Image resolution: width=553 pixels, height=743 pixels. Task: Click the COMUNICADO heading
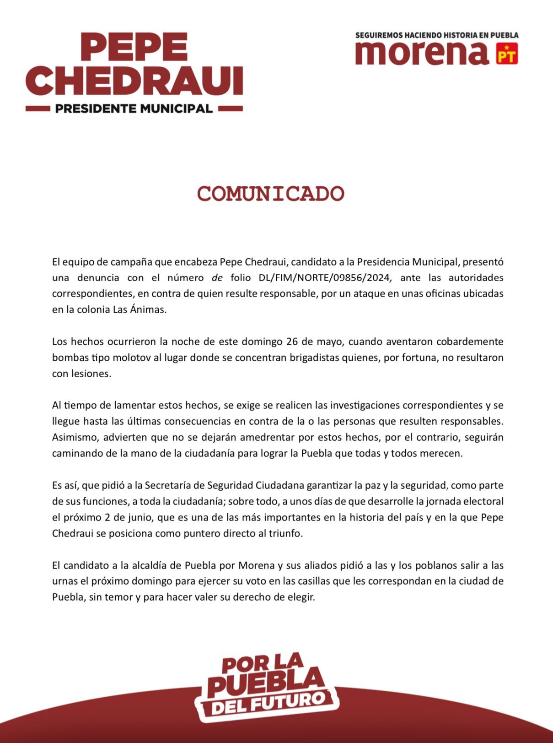pyautogui.click(x=270, y=194)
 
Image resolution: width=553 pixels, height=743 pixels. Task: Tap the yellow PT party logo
pyautogui.click(x=507, y=54)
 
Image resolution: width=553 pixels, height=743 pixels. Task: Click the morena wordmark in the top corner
pyautogui.click(x=422, y=53)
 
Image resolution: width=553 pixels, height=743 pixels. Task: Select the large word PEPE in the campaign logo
pyautogui.click(x=134, y=47)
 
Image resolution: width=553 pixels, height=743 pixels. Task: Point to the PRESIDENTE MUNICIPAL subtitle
pyautogui.click(x=134, y=108)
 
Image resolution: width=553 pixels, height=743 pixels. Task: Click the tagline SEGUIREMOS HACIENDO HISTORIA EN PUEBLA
pyautogui.click(x=437, y=35)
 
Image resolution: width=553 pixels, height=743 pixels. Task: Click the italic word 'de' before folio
pyautogui.click(x=217, y=277)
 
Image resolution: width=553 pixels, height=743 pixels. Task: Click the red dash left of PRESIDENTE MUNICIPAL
pyautogui.click(x=38, y=109)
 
